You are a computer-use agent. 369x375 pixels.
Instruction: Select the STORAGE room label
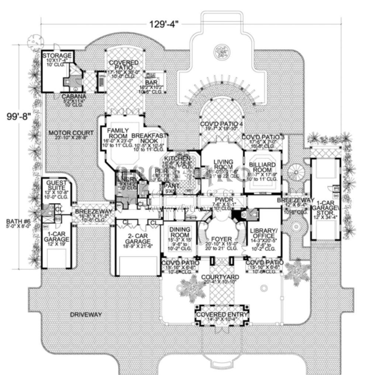point(56,56)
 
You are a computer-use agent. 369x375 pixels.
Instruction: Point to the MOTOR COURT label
point(65,133)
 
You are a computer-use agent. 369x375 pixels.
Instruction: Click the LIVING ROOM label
point(223,164)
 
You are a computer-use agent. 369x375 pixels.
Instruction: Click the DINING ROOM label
point(180,232)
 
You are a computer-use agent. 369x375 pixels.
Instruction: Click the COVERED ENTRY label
point(222,314)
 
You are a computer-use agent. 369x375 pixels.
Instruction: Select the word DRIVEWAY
point(86,315)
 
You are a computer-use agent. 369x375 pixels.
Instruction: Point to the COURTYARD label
point(220,277)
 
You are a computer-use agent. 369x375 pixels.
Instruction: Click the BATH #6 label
point(18,222)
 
